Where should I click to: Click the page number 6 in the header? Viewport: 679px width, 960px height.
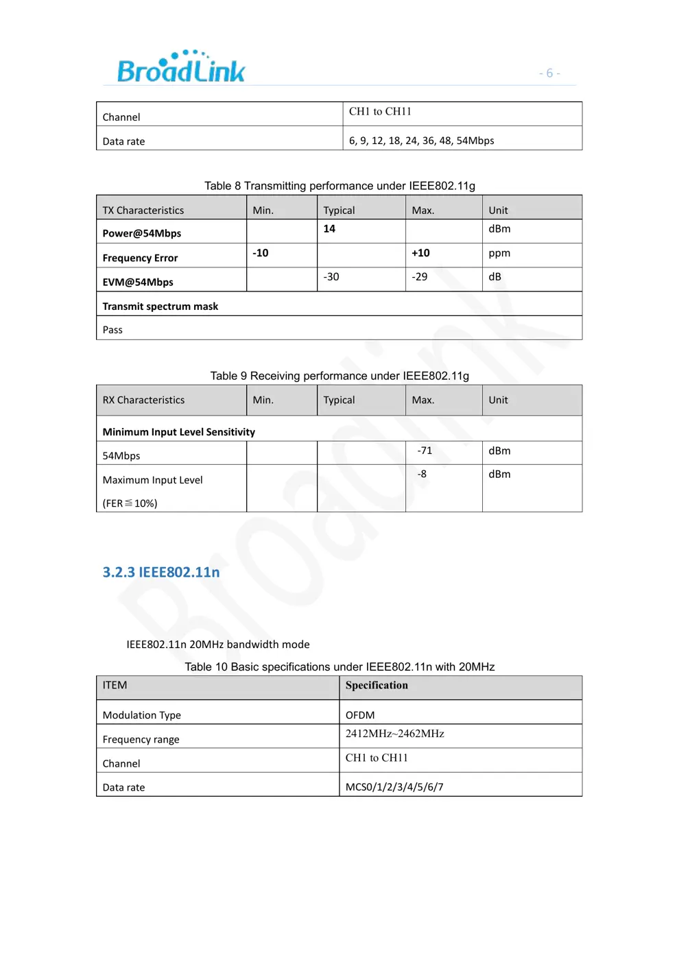tap(549, 73)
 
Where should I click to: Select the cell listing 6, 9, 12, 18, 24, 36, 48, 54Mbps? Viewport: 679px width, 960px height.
tap(421, 141)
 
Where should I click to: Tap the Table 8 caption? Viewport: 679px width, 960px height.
tap(339, 186)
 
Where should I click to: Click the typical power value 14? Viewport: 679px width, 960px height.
tap(329, 229)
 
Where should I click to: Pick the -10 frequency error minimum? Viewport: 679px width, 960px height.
tap(261, 253)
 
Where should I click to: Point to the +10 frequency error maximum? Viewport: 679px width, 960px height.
tap(420, 253)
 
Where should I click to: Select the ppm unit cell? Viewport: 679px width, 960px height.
tap(499, 253)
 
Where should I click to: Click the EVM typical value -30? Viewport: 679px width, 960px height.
tap(331, 277)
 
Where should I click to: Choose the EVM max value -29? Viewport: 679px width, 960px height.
tap(420, 277)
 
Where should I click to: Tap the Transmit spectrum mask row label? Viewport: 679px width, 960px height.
tap(160, 307)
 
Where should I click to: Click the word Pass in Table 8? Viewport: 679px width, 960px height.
tap(112, 330)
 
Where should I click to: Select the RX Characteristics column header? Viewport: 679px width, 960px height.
tap(143, 400)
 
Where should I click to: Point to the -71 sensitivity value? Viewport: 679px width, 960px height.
tap(425, 451)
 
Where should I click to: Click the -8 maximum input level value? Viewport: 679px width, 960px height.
tap(422, 474)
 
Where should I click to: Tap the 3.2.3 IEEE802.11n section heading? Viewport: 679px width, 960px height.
tap(161, 572)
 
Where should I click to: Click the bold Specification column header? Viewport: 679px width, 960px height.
tap(377, 685)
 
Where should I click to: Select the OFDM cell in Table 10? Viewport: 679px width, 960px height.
tap(360, 715)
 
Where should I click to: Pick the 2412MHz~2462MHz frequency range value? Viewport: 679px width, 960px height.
tap(394, 734)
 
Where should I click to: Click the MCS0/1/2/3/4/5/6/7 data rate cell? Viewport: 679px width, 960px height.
tap(394, 787)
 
